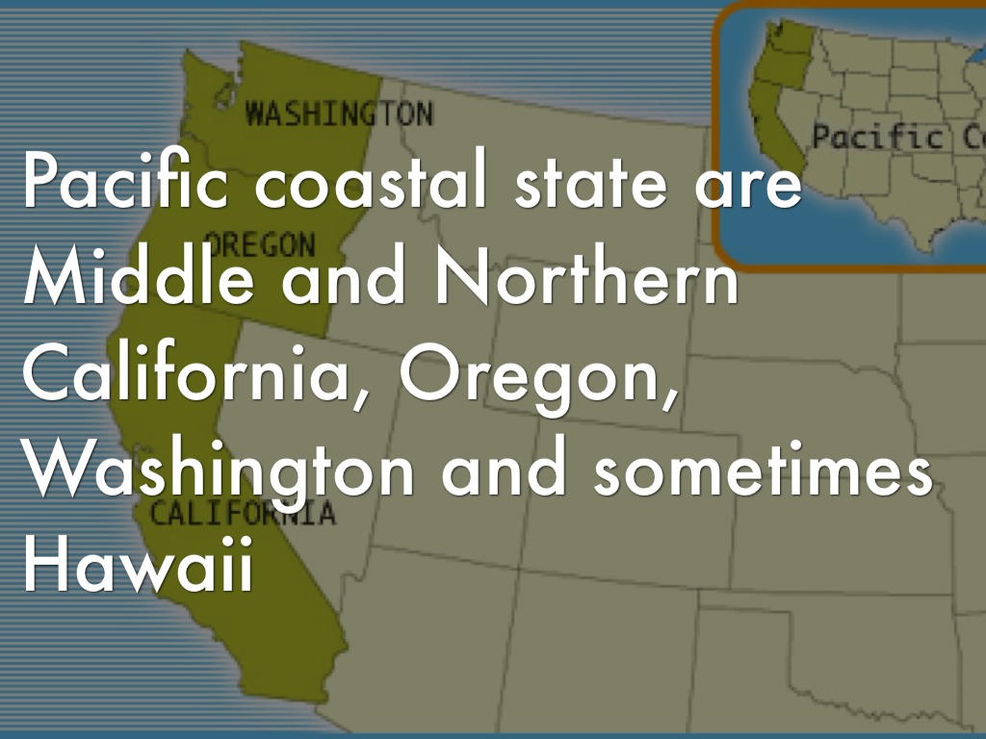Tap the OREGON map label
(260, 244)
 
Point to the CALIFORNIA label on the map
(243, 513)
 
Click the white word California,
(193, 377)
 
